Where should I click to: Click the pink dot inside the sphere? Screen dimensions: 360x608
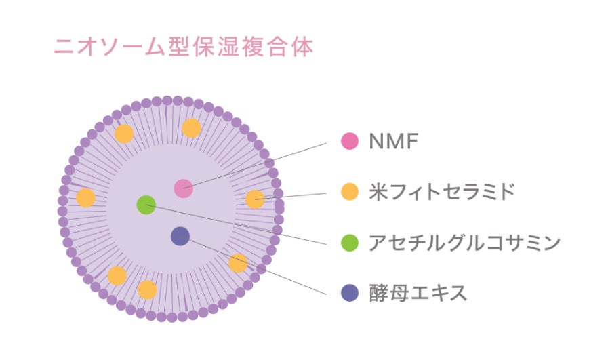tap(183, 188)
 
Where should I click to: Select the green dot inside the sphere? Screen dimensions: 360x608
tap(146, 205)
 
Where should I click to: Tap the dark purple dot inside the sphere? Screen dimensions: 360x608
tap(180, 236)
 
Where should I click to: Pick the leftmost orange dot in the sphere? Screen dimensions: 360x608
tap(85, 198)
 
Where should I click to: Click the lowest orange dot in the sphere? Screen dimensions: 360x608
tap(147, 289)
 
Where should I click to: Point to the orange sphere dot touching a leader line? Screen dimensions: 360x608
tap(254, 199)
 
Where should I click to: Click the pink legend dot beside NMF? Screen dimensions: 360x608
tap(349, 142)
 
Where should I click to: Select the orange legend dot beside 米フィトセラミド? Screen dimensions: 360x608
tap(349, 192)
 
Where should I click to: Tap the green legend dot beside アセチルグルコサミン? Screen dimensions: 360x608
tap(349, 242)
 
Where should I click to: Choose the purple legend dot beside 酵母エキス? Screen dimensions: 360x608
tap(349, 292)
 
